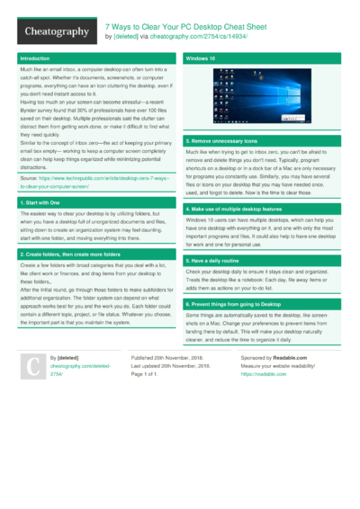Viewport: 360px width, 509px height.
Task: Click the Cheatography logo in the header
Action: coord(57,31)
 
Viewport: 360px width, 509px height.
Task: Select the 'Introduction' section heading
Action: coord(36,58)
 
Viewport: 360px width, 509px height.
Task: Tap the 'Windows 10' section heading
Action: coord(199,58)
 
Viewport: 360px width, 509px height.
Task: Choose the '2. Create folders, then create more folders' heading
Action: coord(72,255)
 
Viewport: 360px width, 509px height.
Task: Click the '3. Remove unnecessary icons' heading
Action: coord(222,141)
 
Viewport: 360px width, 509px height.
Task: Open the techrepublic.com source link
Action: coord(94,183)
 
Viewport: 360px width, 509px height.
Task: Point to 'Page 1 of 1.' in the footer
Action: coord(149,373)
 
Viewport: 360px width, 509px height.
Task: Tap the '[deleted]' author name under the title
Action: coord(125,37)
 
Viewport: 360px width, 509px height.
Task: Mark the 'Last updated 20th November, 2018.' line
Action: coord(171,365)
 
